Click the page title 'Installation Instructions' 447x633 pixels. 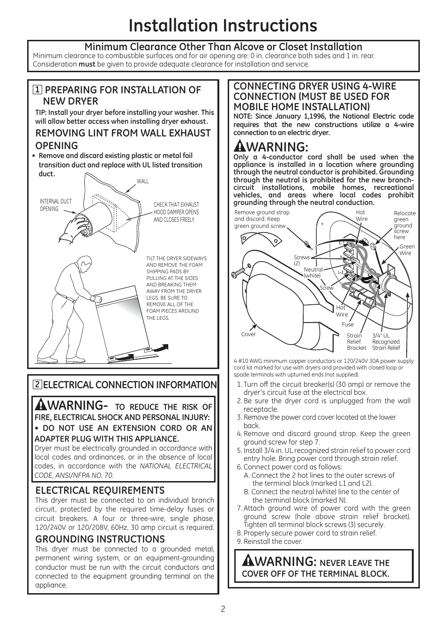(x=223, y=25)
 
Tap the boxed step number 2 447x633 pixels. (x=37, y=385)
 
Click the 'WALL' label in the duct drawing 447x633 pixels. (x=142, y=181)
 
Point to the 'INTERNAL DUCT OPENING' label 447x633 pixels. (x=56, y=205)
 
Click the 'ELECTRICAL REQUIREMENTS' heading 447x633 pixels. (x=100, y=490)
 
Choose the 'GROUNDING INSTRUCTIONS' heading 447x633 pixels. (x=100, y=539)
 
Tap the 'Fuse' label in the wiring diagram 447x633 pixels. (x=348, y=324)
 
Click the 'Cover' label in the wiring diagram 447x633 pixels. (x=248, y=334)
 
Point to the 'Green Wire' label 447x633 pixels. (x=407, y=250)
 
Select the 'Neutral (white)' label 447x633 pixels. (x=313, y=272)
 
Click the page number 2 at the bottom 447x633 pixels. (x=223, y=609)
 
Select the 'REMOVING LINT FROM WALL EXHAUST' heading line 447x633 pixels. (x=123, y=133)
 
